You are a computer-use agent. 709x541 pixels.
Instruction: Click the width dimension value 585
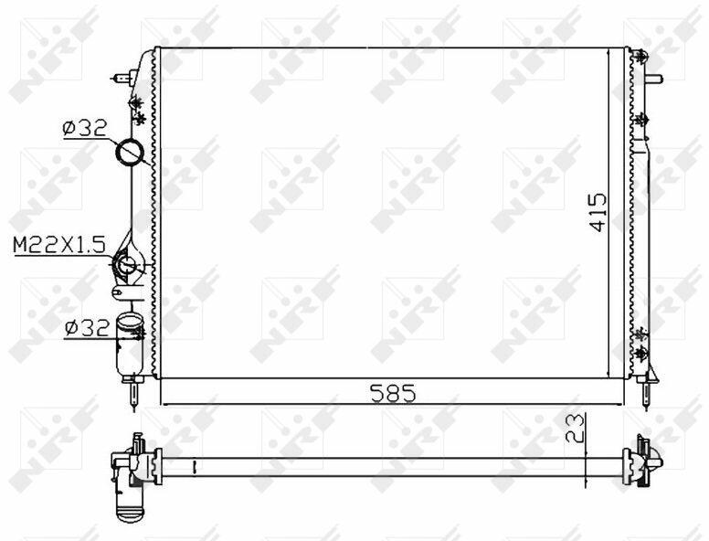click(393, 393)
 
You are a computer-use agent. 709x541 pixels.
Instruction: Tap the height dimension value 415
click(598, 213)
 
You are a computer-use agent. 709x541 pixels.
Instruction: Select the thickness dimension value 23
click(576, 429)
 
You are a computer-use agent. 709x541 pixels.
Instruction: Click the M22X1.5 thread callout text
click(59, 246)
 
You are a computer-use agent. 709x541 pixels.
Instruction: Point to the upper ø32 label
click(85, 129)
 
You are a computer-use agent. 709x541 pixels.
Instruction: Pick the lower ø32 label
click(87, 327)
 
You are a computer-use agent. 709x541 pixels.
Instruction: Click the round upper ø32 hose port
click(130, 153)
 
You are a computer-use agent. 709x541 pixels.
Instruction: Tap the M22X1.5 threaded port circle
click(125, 264)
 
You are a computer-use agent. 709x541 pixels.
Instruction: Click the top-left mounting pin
click(124, 78)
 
